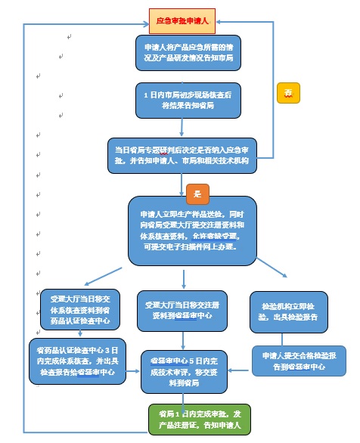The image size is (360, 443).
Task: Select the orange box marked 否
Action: (x=288, y=92)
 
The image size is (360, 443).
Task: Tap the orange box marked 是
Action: (x=198, y=194)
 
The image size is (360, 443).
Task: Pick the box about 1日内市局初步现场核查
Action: (x=188, y=100)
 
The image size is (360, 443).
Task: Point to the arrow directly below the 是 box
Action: (x=198, y=209)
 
